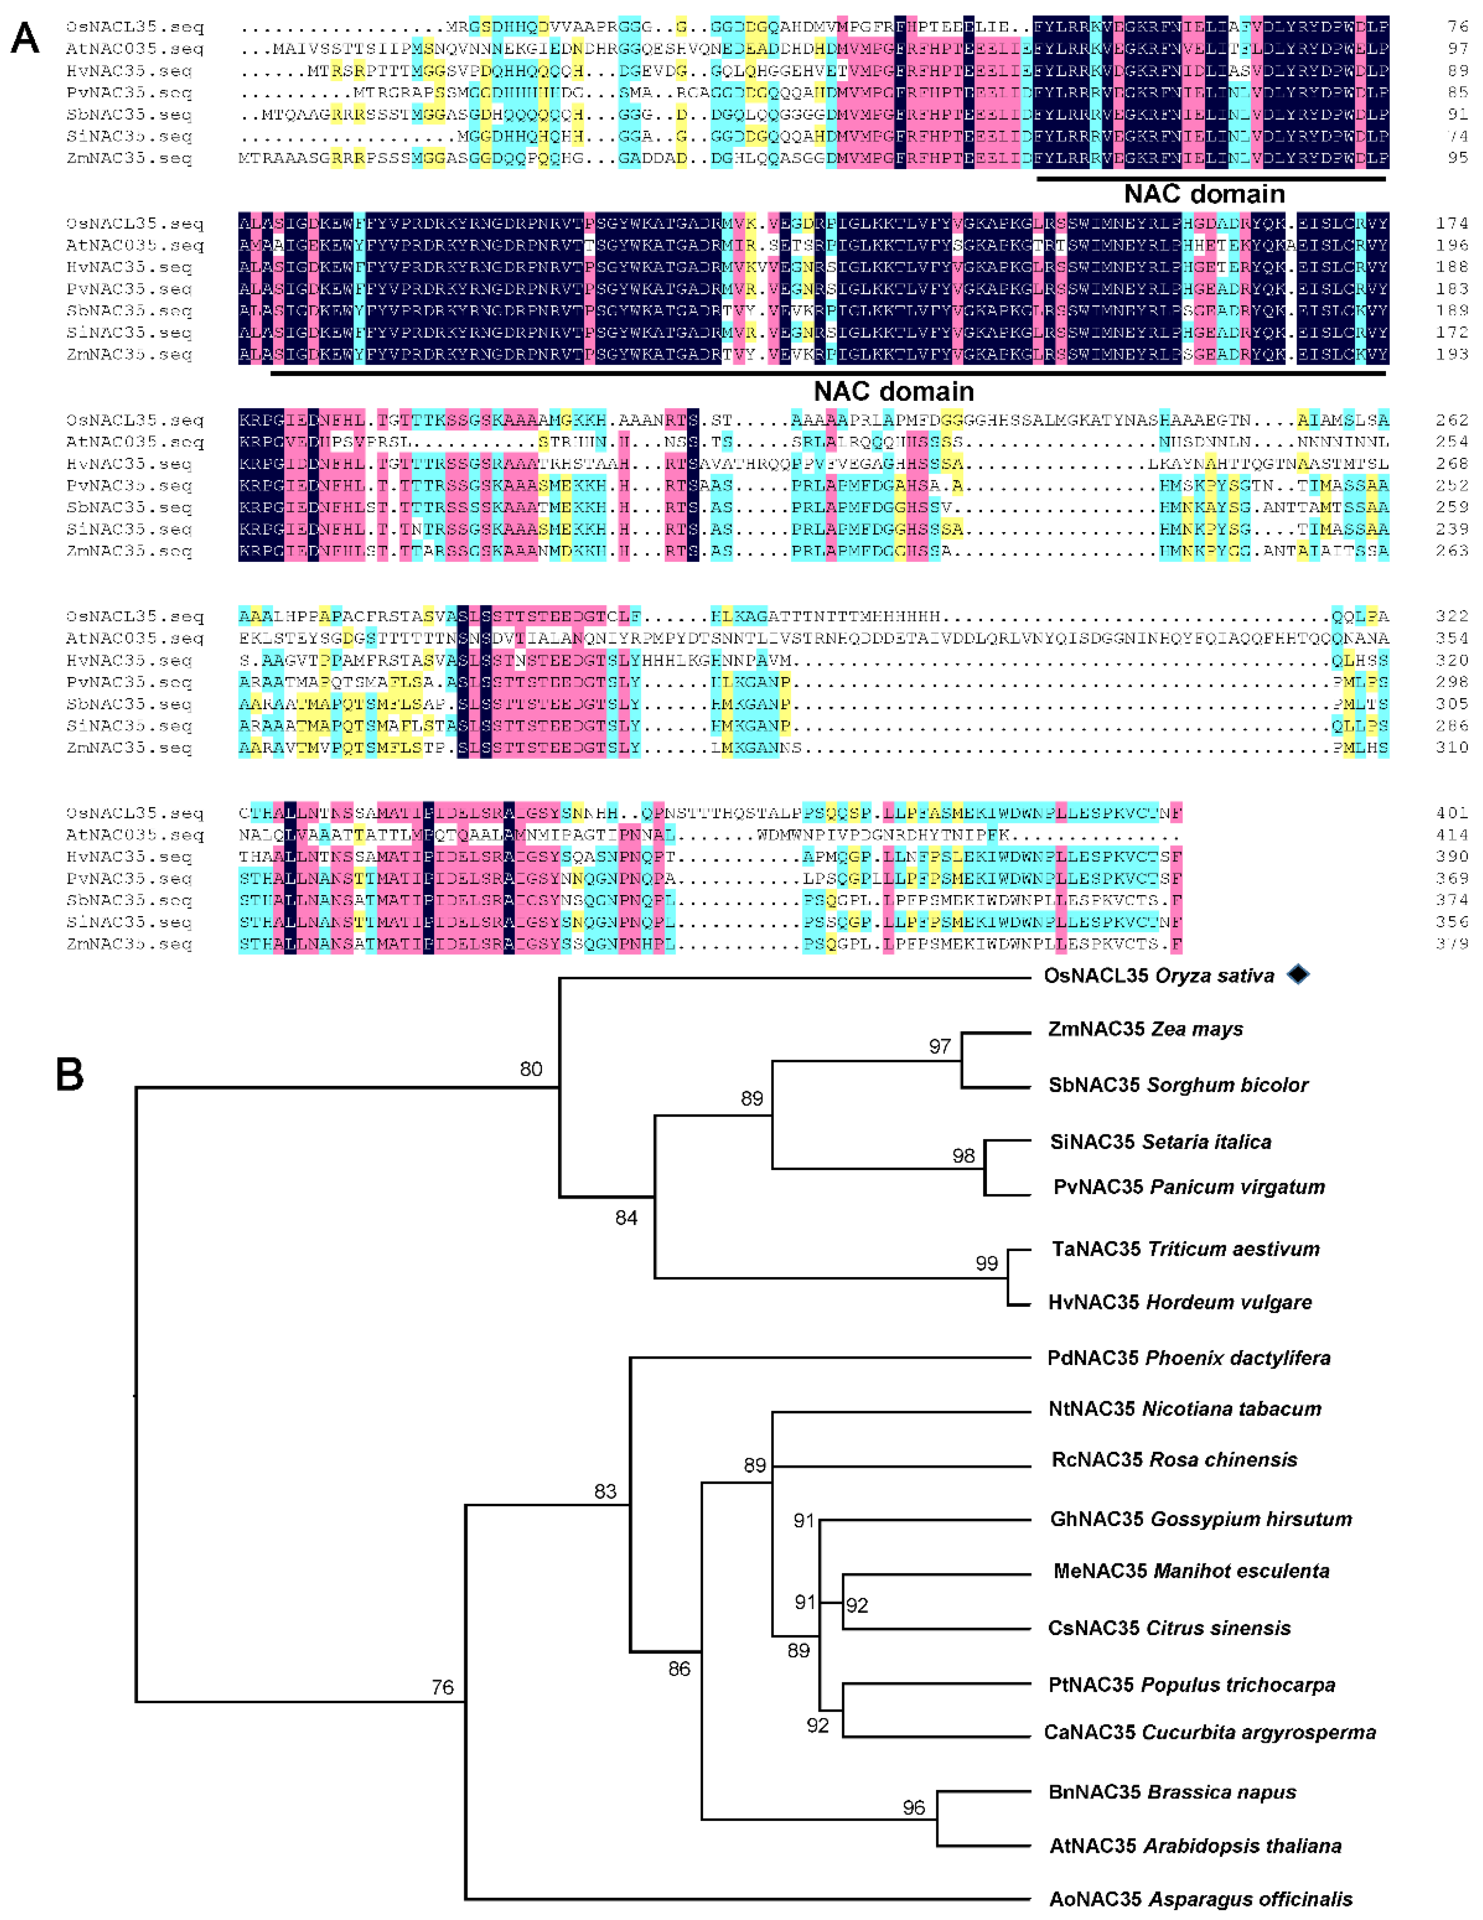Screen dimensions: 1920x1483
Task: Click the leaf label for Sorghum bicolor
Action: coord(1178,1085)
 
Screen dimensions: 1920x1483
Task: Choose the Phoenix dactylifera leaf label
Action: coord(1188,1358)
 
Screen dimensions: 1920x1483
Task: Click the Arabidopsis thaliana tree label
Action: coord(1195,1846)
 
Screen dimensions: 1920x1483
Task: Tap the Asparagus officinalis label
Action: coord(1201,1900)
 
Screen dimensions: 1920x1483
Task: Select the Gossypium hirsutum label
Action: coord(1201,1519)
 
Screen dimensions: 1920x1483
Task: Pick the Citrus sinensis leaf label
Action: coord(1169,1628)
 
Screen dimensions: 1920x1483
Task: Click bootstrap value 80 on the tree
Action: coord(531,1069)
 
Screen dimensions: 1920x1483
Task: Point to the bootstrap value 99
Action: coord(987,1263)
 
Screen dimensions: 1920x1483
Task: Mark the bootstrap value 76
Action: coord(442,1687)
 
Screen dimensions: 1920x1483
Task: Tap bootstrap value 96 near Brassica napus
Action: coord(913,1807)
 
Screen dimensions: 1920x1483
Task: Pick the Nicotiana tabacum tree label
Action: coord(1184,1409)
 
